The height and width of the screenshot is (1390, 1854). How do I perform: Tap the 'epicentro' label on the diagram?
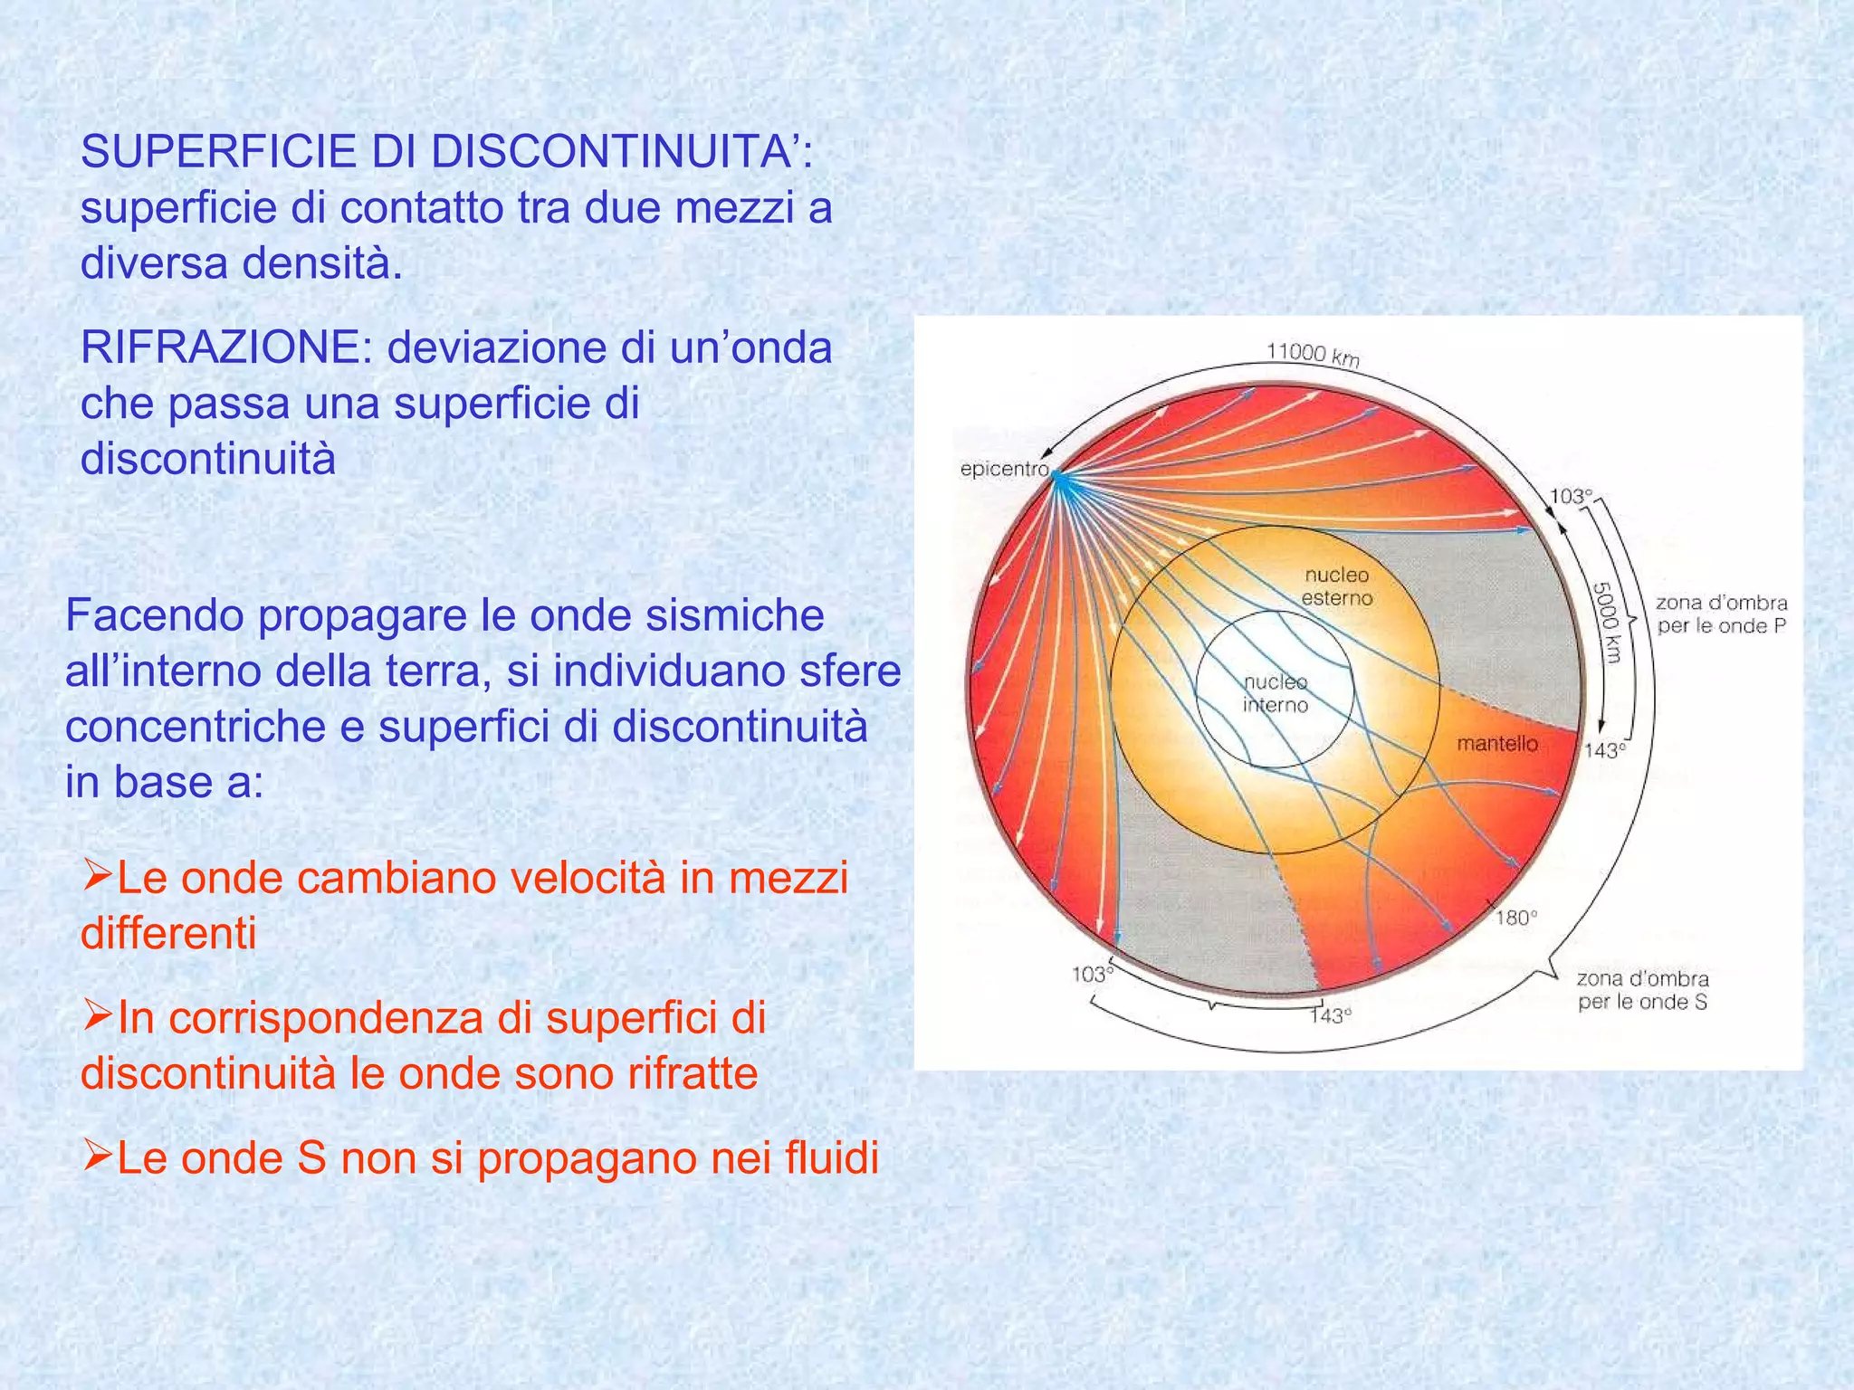1004,470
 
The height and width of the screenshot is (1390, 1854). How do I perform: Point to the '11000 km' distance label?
1313,354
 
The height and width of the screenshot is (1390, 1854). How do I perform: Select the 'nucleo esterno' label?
1337,586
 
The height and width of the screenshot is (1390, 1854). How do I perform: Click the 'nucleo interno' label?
1276,693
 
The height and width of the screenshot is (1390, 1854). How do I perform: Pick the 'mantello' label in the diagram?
1497,744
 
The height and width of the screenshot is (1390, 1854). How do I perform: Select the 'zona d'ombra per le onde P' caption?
1722,614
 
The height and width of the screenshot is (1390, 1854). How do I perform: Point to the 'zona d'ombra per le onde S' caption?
1642,990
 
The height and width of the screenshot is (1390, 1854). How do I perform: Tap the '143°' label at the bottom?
1331,1016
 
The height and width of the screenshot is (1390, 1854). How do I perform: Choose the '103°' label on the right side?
1571,496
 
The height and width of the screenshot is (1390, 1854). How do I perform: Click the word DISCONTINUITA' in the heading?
622,152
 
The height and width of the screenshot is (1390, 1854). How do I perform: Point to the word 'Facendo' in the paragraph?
156,616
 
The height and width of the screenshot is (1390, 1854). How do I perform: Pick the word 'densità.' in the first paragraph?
321,263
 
